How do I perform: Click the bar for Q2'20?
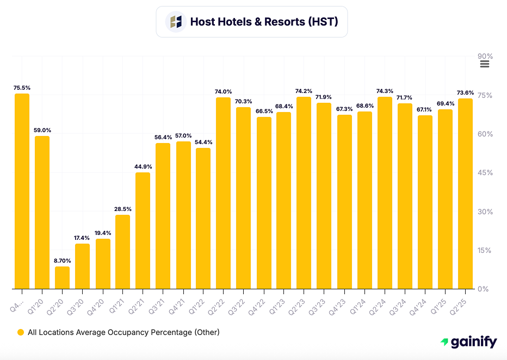tap(62, 277)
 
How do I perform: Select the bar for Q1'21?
tap(122, 252)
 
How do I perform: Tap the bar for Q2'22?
tap(223, 193)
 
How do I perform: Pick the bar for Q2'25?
tap(465, 194)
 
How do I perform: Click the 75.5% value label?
tap(22, 87)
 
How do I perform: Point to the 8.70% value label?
tap(62, 260)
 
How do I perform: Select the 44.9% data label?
tap(143, 166)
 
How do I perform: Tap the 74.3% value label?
tap(385, 91)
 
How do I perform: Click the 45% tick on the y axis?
tap(485, 173)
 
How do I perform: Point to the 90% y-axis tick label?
tap(485, 57)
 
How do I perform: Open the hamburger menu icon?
tap(485, 64)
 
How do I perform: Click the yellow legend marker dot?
tap(21, 332)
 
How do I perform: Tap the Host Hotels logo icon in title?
tap(176, 22)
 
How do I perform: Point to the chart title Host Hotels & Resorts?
tap(264, 22)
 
